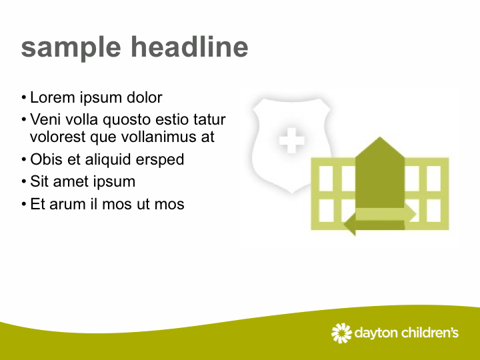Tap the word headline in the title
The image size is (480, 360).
pyautogui.click(x=189, y=46)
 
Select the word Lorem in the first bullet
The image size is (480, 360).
pyautogui.click(x=53, y=97)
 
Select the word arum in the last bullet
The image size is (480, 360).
pyautogui.click(x=67, y=205)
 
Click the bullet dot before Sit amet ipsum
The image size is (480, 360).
pyautogui.click(x=24, y=182)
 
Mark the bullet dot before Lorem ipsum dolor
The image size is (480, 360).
pyautogui.click(x=24, y=98)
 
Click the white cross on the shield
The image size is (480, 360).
pyautogui.click(x=292, y=140)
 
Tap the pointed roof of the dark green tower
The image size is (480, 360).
pyautogui.click(x=380, y=147)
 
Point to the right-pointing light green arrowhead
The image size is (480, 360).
pyautogui.click(x=411, y=214)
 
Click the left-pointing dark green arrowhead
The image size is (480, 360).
pyautogui.click(x=350, y=225)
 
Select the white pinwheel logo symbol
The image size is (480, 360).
pyautogui.click(x=341, y=333)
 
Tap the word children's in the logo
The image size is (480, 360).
pyautogui.click(x=430, y=333)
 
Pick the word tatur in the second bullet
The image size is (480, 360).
pyautogui.click(x=209, y=120)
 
